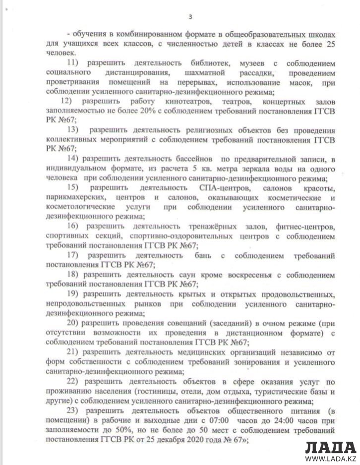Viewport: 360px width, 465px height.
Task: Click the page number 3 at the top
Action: tap(190, 17)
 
